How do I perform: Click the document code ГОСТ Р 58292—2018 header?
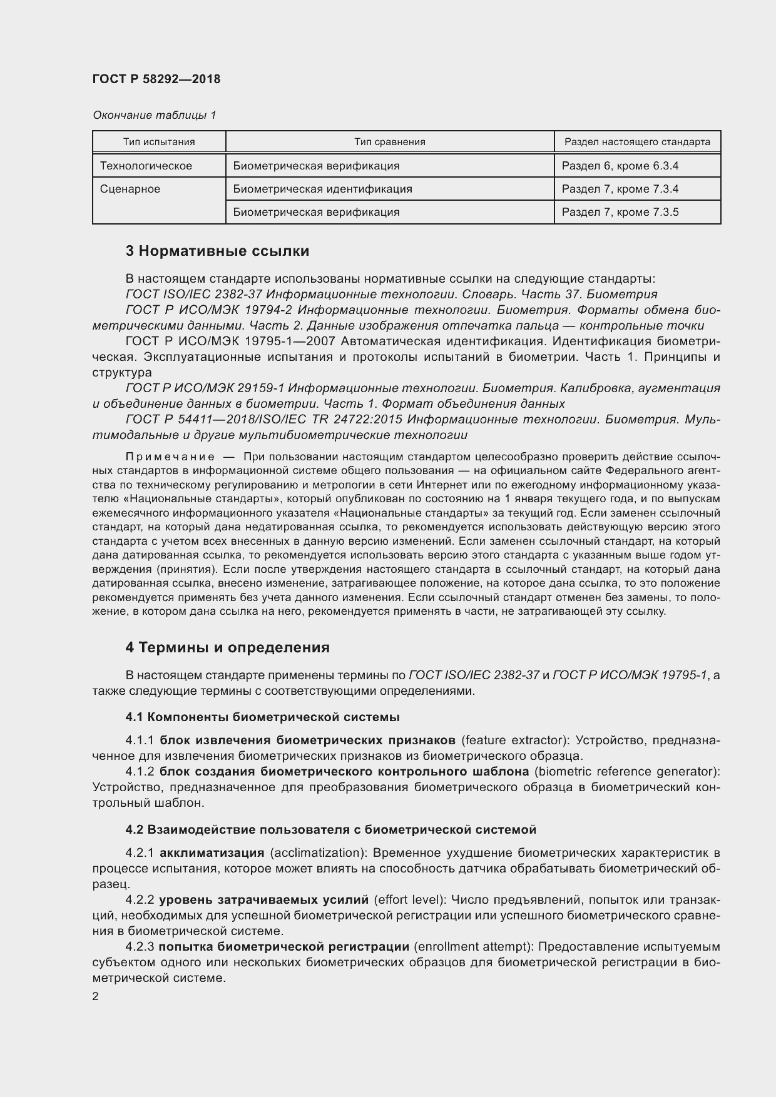tap(156, 79)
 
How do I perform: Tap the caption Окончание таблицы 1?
tap(155, 115)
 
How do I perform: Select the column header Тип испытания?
tap(159, 142)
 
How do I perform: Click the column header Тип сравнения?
tap(390, 142)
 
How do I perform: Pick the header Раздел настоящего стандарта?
tap(637, 142)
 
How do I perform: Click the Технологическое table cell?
tap(146, 166)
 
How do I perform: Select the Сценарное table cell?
tap(130, 189)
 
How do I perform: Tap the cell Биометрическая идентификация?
tap(322, 189)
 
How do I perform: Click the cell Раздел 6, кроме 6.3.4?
tap(620, 166)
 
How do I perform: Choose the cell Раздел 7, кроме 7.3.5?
tap(620, 212)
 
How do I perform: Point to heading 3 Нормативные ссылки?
tap(217, 251)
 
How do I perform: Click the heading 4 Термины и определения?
tap(227, 647)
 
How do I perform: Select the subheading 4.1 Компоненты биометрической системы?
tap(262, 717)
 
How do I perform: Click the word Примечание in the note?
tap(170, 457)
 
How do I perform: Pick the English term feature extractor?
tap(514, 741)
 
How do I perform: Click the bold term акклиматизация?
tap(212, 853)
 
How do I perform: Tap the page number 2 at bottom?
tap(95, 997)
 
